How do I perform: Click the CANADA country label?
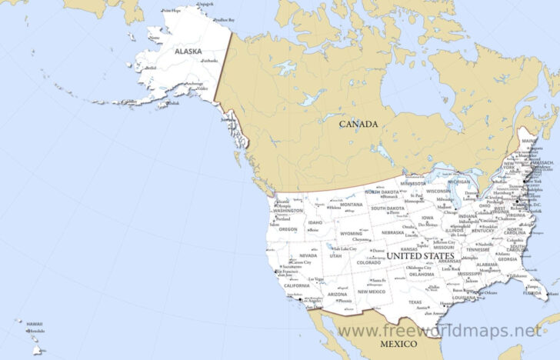point(358,123)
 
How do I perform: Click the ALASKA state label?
point(188,52)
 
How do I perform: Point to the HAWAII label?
point(35,324)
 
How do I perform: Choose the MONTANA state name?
point(352,205)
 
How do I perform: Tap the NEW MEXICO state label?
point(372,292)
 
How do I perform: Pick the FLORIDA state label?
point(531,292)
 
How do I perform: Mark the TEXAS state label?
point(415,302)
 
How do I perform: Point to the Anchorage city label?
point(194,84)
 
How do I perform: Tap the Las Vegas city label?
point(315,278)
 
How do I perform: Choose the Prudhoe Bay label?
point(224,20)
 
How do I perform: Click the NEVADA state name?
point(308,255)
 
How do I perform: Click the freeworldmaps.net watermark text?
point(439,330)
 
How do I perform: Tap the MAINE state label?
point(527,141)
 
